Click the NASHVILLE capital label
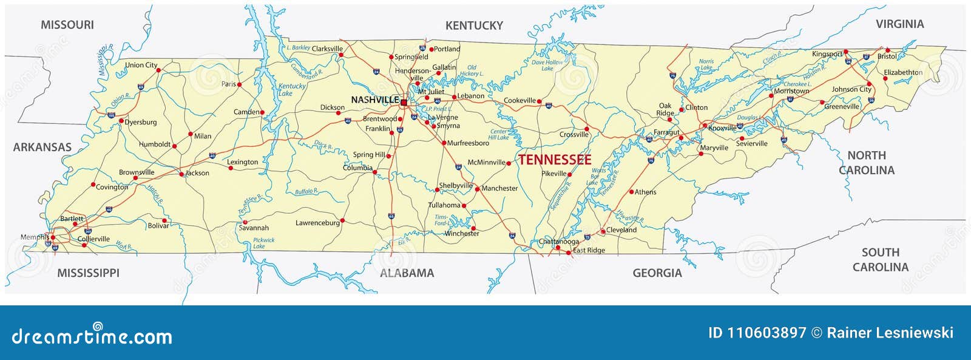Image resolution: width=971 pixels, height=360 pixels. (x=374, y=100)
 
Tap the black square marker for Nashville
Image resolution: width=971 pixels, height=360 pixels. (x=404, y=103)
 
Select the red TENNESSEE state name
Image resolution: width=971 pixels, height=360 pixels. (x=554, y=160)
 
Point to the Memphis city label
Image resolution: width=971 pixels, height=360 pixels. (x=34, y=237)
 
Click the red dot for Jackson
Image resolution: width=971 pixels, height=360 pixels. (x=181, y=174)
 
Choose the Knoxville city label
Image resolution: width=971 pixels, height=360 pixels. (x=722, y=128)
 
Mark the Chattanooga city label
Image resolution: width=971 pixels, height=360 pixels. (x=558, y=242)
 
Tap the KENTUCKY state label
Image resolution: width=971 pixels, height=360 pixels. (x=474, y=25)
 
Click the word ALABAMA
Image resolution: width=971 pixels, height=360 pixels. (x=407, y=273)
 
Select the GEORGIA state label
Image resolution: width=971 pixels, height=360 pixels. (x=657, y=273)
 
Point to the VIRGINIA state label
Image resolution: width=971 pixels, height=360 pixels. (x=899, y=24)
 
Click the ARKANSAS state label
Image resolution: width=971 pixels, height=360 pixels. (x=42, y=147)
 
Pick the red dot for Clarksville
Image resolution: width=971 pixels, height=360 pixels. (x=341, y=55)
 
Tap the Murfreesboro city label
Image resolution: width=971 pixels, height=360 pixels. (x=468, y=143)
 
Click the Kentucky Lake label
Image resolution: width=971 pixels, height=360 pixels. (x=293, y=90)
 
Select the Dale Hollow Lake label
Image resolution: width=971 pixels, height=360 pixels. (x=547, y=65)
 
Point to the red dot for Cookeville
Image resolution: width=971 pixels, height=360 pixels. (x=539, y=101)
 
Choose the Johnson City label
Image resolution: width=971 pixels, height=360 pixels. (x=851, y=89)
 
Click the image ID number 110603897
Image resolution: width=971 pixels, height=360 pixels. (x=766, y=333)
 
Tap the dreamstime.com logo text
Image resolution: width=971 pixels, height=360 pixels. (x=92, y=336)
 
